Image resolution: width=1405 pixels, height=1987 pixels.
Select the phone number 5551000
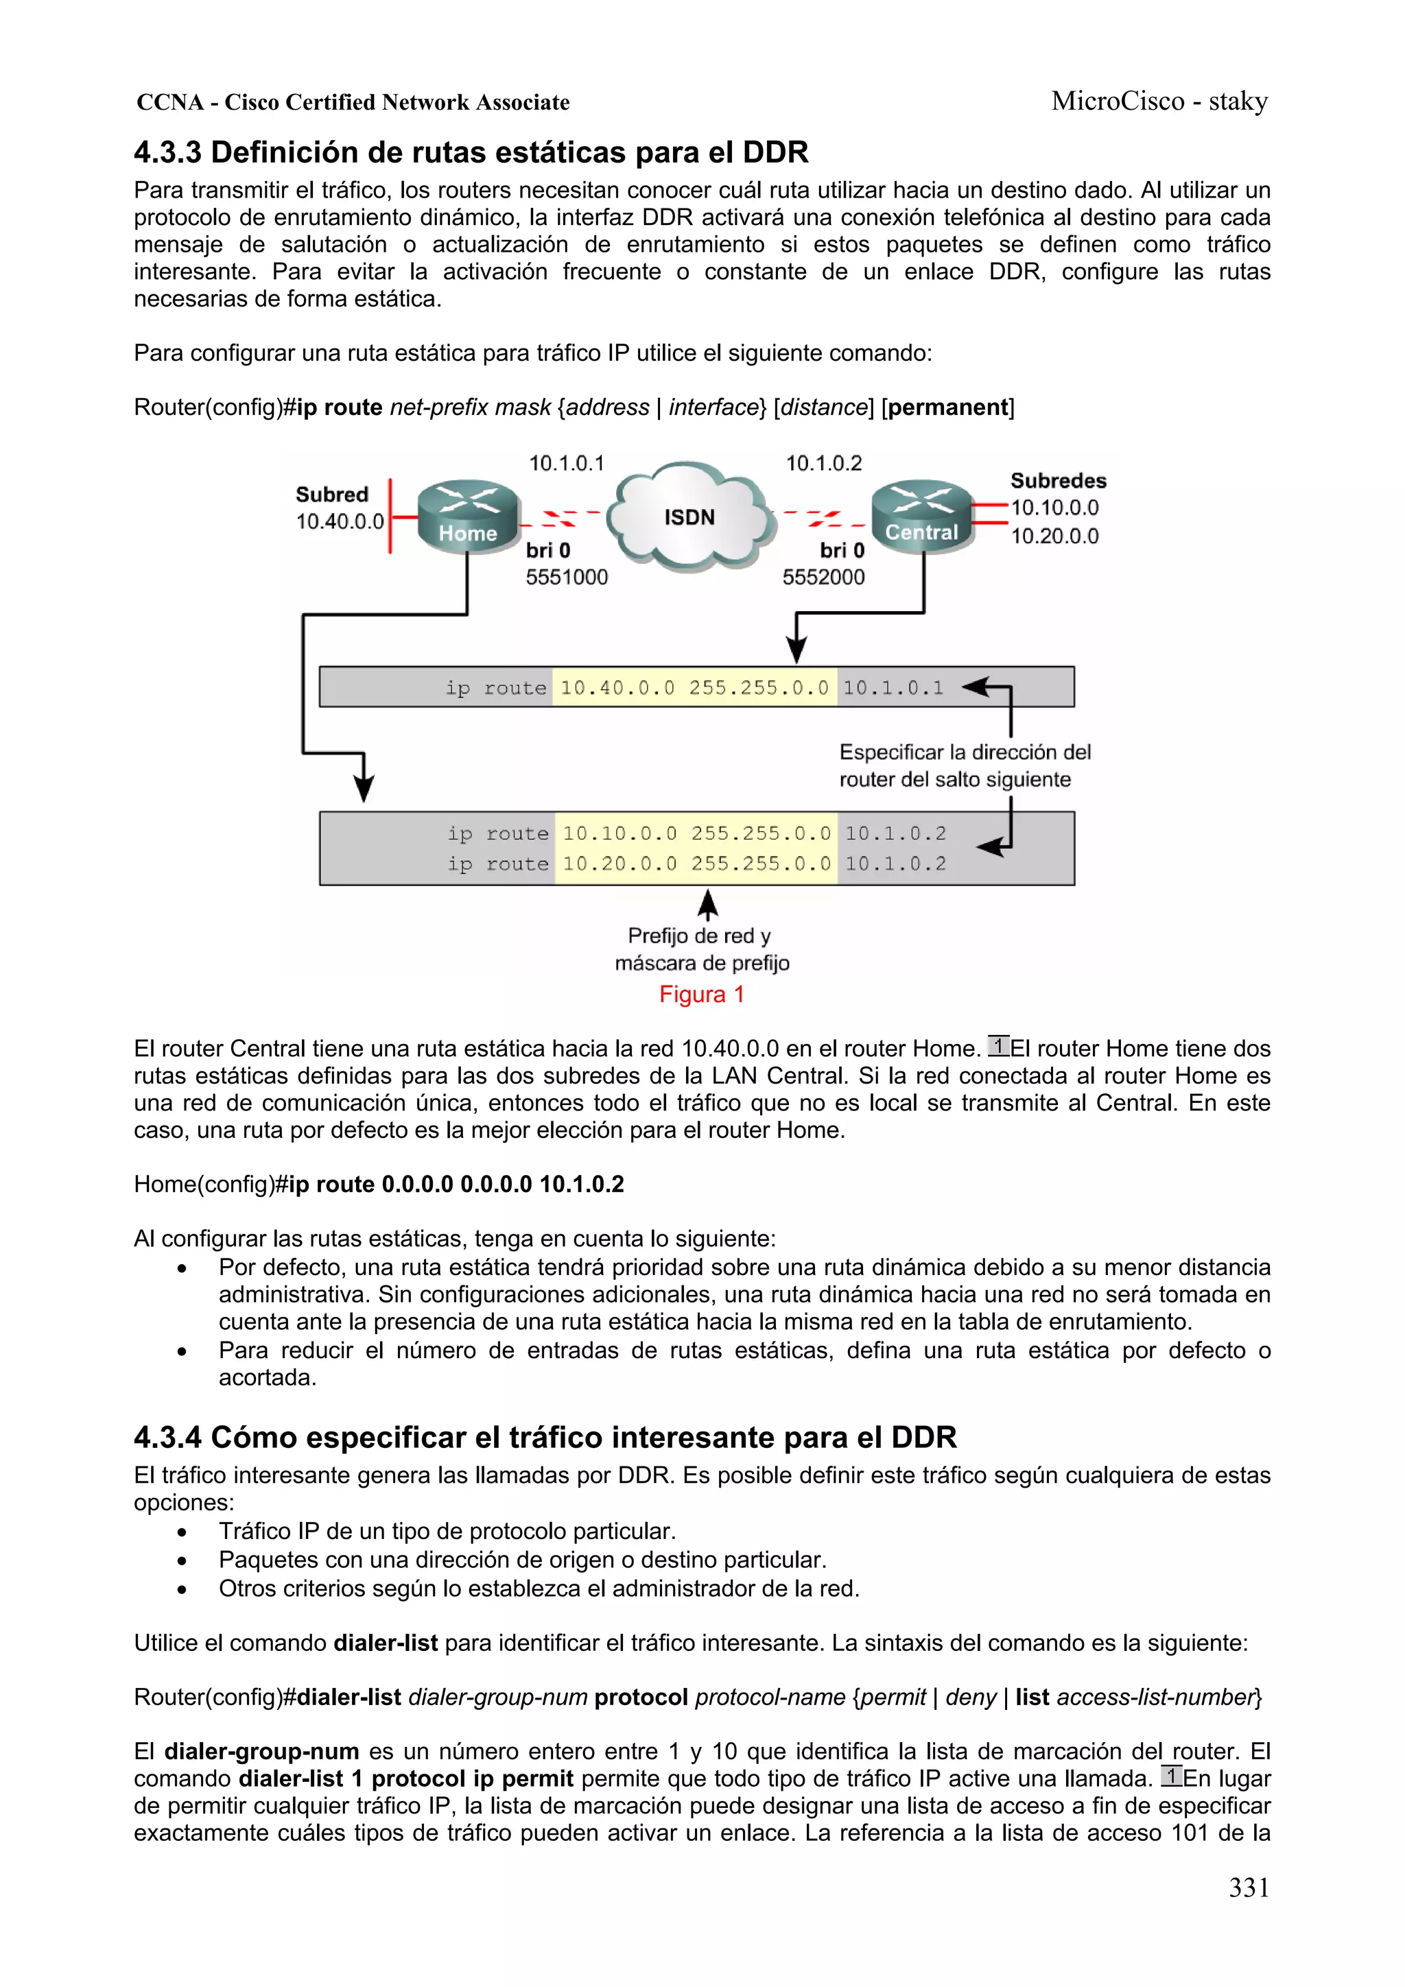567,578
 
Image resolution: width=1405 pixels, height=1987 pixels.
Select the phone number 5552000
823,578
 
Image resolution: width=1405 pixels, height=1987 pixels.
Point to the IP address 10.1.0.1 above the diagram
566,464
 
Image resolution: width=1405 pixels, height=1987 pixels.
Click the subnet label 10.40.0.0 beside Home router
340,522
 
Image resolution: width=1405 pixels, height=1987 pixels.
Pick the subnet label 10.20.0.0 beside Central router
1054,536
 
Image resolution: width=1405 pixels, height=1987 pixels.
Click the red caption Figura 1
701,995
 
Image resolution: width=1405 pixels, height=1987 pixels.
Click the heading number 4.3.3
167,153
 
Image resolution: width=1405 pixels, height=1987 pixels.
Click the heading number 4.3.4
167,1438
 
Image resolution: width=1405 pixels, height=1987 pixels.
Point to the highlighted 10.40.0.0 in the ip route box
616,688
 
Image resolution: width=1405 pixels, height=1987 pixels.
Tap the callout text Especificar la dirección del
965,752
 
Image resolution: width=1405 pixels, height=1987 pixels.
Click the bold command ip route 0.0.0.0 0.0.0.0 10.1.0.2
456,1184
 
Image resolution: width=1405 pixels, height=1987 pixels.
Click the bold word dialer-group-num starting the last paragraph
261,1752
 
